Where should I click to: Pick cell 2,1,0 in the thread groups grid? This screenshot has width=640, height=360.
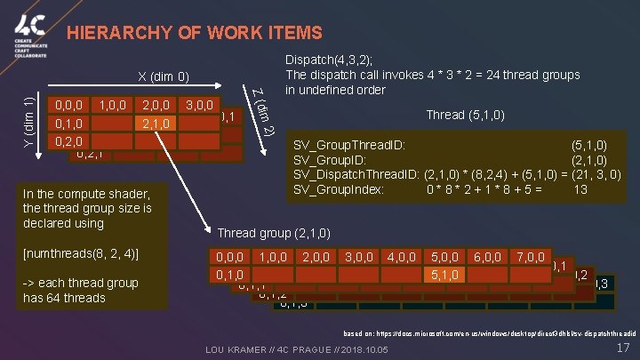156,122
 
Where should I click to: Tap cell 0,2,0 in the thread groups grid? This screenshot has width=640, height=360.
70,140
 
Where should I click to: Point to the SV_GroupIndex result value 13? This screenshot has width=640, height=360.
580,189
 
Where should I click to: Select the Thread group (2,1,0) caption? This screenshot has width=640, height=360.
275,234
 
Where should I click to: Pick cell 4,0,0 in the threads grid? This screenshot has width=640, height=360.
404,257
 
